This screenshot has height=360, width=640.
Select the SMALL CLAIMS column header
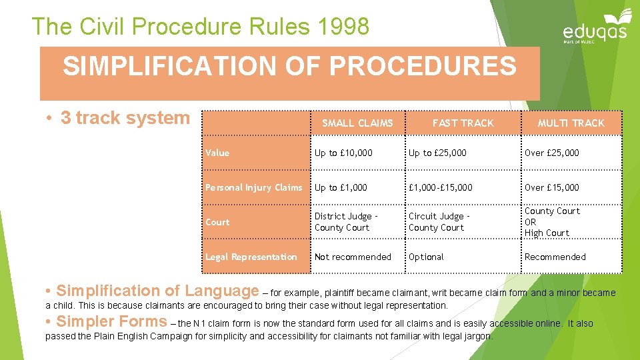pos(357,123)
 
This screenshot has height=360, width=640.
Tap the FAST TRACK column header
pos(463,123)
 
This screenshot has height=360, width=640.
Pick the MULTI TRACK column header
pos(571,123)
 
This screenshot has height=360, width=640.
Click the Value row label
pos(217,153)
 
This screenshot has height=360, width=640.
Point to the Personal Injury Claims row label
pos(254,187)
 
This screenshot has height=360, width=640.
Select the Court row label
pos(217,222)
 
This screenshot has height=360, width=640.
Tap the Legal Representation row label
pos(251,257)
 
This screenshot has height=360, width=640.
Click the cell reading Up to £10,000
pos(344,153)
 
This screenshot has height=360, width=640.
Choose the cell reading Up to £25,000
pos(438,153)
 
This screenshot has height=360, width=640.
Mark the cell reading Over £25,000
pos(552,153)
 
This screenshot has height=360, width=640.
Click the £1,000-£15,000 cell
pos(441,187)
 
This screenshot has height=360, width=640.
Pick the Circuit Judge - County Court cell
pos(439,222)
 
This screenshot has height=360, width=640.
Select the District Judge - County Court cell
pos(346,222)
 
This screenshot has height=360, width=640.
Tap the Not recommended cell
pos(353,257)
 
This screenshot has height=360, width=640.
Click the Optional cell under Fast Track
pos(426,257)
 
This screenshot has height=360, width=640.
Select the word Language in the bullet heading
pos(221,291)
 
